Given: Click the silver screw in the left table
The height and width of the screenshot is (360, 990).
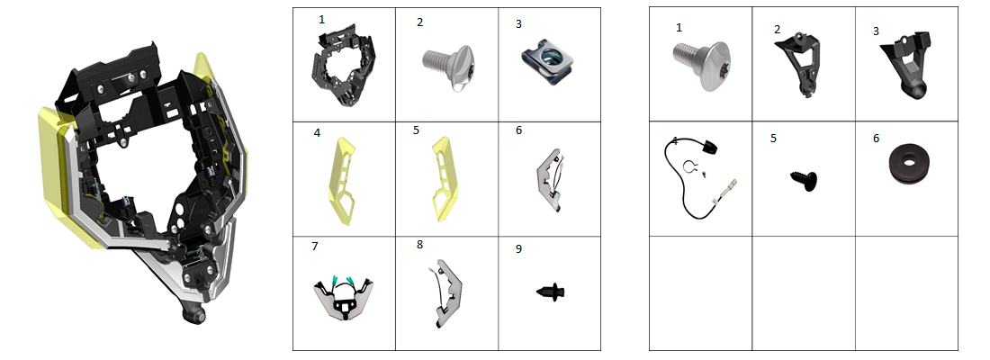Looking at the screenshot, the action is click(x=445, y=67).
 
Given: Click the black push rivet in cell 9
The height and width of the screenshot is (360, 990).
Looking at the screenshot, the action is click(x=550, y=292).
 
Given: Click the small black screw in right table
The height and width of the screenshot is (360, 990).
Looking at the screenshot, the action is click(x=804, y=181).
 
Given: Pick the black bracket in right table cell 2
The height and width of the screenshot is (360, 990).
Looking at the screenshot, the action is click(x=798, y=65).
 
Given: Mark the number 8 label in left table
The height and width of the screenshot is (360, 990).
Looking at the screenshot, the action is click(x=420, y=245).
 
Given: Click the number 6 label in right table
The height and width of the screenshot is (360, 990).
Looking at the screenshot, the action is click(x=876, y=139).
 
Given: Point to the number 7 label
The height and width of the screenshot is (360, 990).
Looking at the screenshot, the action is click(x=315, y=247).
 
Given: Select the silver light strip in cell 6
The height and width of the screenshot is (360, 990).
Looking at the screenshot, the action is click(x=549, y=179).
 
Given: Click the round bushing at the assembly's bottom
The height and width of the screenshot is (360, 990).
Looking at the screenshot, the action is click(x=194, y=313).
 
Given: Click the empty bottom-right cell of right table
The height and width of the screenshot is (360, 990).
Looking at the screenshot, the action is click(x=906, y=293).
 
